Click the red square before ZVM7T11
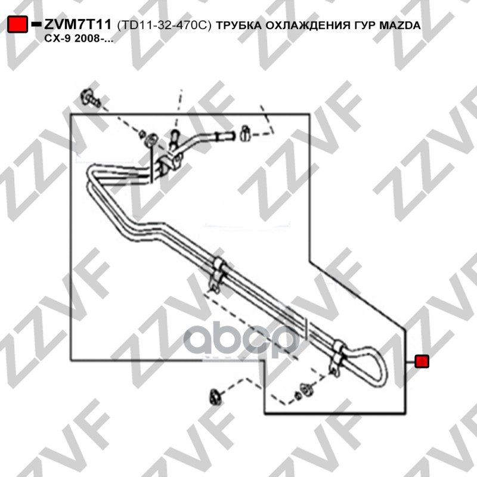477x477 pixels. point(18,25)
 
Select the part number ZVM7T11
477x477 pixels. point(77,25)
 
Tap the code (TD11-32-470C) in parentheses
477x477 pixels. point(165,26)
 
